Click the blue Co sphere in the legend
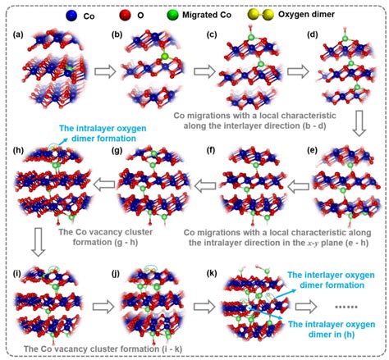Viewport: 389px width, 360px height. pos(71,16)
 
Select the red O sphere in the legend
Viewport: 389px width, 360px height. pos(125,16)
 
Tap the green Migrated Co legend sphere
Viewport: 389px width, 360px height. pos(172,16)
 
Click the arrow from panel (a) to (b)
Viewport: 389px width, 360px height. pos(105,71)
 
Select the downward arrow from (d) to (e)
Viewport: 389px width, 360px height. pos(359,123)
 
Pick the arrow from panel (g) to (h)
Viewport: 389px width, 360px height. pos(103,185)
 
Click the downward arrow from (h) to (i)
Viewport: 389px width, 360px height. pos(39,243)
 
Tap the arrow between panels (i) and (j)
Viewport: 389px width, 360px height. pos(103,307)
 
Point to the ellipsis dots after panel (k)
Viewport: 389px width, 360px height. pos(346,307)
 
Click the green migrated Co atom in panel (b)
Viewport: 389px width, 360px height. pos(165,57)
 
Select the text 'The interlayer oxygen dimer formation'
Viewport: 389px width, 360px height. pos(331,280)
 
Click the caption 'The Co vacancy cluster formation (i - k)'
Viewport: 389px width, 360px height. pos(103,349)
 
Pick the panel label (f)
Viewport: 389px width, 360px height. pos(211,151)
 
